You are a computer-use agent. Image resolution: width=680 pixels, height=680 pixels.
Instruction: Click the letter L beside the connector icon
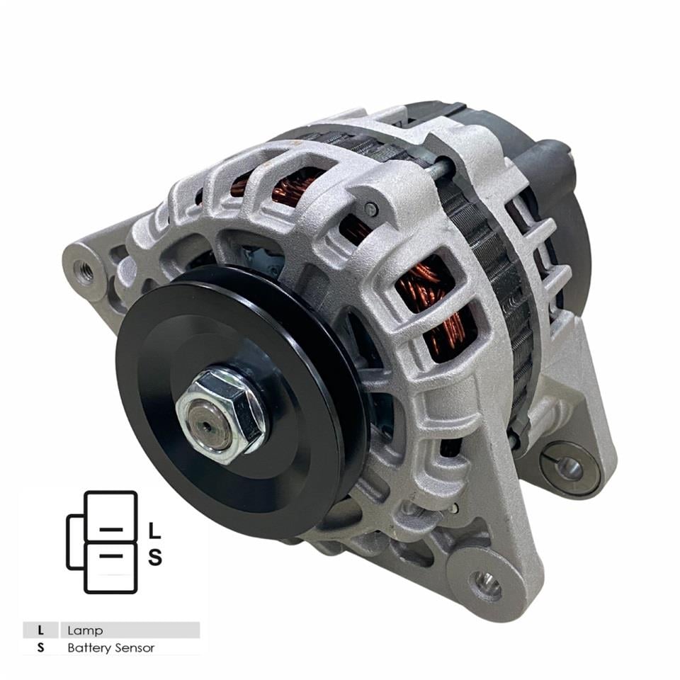pyautogui.click(x=155, y=531)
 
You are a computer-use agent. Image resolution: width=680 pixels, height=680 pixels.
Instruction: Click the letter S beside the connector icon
pyautogui.click(x=155, y=557)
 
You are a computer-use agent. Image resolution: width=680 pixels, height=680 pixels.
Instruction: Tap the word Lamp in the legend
pyautogui.click(x=85, y=630)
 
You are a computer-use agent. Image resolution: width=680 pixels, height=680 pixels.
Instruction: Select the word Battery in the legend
pyautogui.click(x=88, y=648)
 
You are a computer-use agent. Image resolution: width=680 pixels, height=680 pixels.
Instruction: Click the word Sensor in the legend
pyautogui.click(x=133, y=648)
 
